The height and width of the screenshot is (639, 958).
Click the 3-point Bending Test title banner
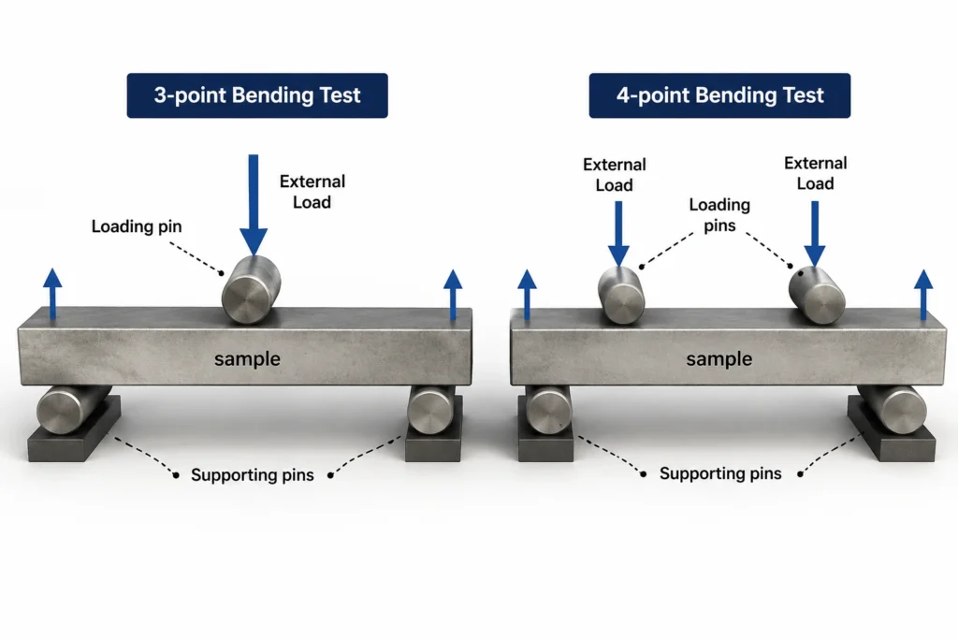coord(257,95)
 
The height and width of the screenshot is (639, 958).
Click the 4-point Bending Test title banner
coord(719,95)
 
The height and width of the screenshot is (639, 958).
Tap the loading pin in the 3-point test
coord(251,290)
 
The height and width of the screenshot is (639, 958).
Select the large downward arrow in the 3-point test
coord(254,205)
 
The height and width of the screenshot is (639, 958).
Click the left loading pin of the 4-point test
coord(621,295)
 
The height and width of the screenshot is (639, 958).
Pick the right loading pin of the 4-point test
coord(817,295)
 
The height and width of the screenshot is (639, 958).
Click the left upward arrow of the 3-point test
coord(52,293)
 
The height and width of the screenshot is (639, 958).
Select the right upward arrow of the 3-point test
coord(453,295)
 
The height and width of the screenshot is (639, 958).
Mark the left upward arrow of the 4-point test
coord(527,295)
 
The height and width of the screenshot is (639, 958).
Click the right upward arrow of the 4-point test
coord(923,295)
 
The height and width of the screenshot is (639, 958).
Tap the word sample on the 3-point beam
coord(247,359)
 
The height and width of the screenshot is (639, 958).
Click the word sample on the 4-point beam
coord(719,359)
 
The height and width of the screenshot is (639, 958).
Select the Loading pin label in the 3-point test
coord(137,226)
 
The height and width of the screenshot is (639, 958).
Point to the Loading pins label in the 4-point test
coord(719,215)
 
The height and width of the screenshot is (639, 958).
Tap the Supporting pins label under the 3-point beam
coord(253,475)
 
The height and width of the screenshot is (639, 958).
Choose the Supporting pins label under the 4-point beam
coord(720,473)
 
